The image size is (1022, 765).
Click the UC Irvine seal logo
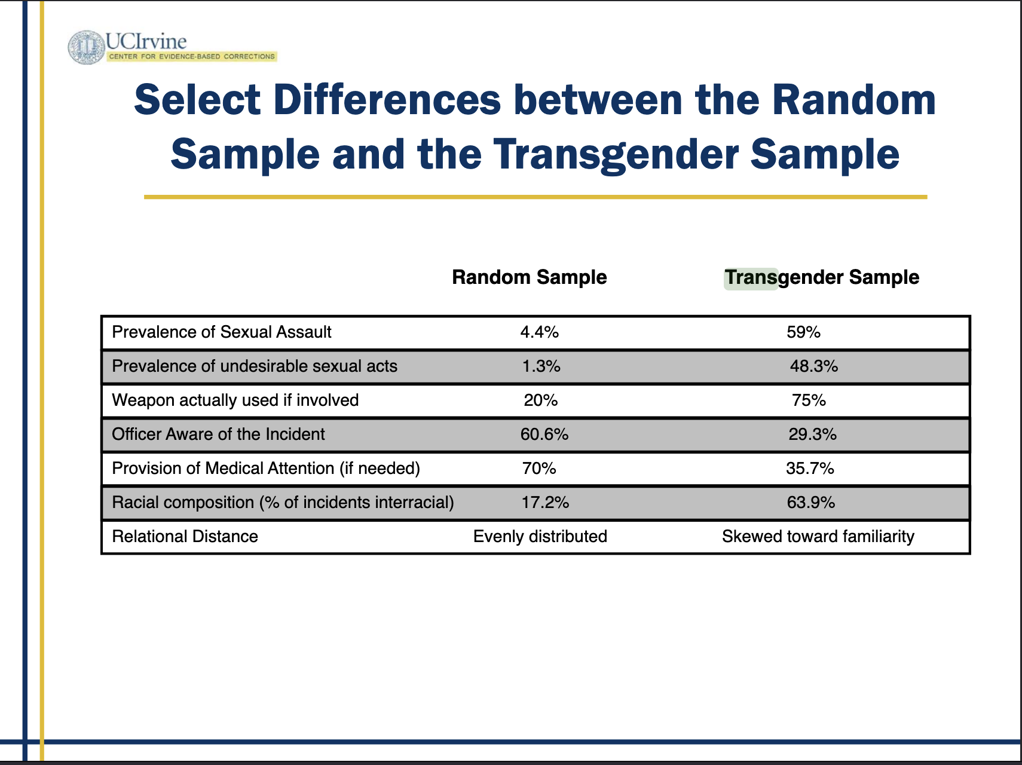click(87, 47)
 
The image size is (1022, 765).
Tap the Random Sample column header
click(530, 277)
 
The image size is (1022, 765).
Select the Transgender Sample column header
click(822, 277)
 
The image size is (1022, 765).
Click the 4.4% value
click(540, 332)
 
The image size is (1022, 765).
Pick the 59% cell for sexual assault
click(804, 332)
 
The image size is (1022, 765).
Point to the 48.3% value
click(814, 366)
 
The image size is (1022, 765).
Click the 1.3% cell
click(541, 366)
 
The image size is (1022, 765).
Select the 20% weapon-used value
click(541, 400)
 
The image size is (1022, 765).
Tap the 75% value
click(809, 400)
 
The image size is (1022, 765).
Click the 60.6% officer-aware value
click(544, 434)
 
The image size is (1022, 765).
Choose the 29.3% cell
click(813, 434)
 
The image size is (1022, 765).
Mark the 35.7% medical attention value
click(810, 469)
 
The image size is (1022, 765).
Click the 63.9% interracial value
click(811, 503)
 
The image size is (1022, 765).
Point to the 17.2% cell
click(546, 503)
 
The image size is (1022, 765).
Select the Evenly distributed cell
click(540, 537)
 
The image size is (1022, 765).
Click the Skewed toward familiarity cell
click(818, 537)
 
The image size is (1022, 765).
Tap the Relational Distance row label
click(185, 537)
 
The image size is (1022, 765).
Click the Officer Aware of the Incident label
click(219, 434)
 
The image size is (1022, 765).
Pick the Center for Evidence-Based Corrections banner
click(192, 57)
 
